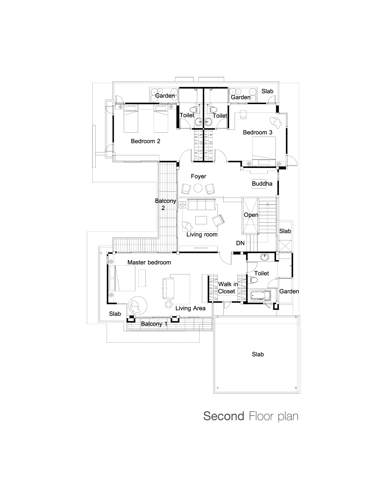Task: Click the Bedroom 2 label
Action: coord(146,141)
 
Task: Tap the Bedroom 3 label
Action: coord(257,132)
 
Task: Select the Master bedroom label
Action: coord(149,262)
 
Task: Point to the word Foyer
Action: coord(199,176)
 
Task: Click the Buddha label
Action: coord(262,184)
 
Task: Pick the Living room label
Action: coord(202,235)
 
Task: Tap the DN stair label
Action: coord(240,243)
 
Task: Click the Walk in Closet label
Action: coord(227,288)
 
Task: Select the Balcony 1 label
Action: coord(154,324)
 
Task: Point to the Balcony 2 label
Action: coord(165,204)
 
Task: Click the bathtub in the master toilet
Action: coord(260,296)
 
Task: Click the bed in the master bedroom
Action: coord(122,278)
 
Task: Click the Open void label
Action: coord(251,215)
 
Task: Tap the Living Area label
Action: coord(191,308)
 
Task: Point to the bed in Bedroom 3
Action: coord(264,152)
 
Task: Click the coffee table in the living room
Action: coord(201,220)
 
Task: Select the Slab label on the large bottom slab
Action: coord(258,354)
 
